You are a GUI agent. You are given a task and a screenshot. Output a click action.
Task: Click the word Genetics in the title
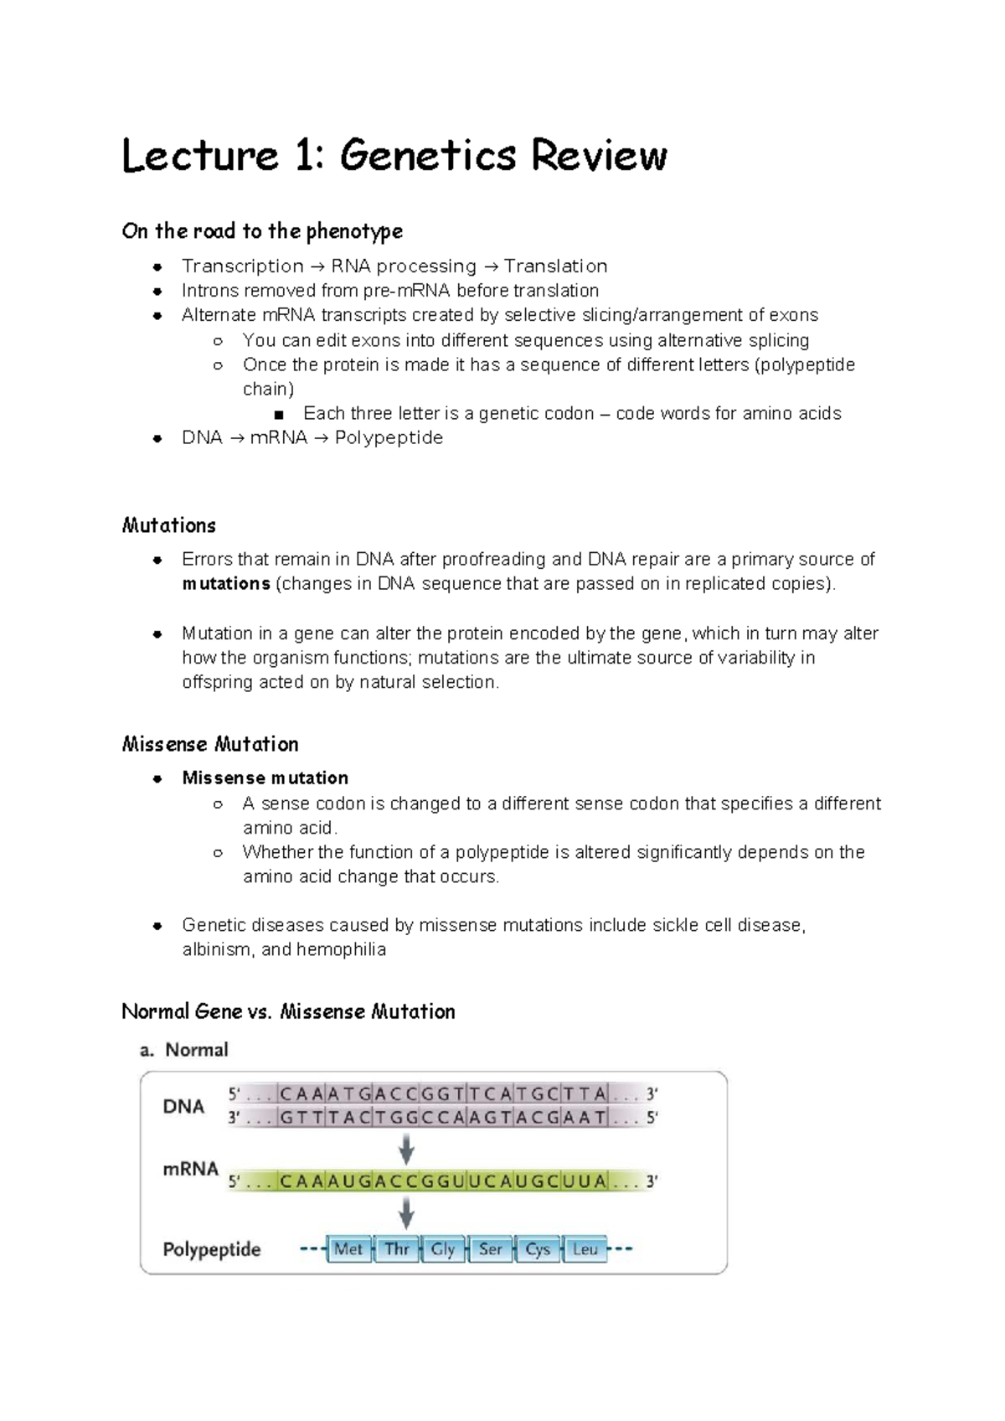[428, 156]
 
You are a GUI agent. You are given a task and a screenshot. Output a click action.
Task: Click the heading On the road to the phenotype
[262, 231]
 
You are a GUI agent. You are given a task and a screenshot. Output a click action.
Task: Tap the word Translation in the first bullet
[555, 266]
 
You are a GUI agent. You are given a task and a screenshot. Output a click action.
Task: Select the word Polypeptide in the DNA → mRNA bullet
[389, 438]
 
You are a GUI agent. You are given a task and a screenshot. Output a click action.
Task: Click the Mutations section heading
[169, 526]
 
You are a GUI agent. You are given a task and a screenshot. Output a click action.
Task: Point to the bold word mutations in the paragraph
[226, 584]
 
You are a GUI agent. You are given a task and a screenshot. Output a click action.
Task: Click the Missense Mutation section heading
[210, 745]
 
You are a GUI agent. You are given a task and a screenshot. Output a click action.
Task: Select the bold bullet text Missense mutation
[265, 778]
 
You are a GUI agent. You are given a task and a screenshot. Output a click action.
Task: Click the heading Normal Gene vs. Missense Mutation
[288, 1012]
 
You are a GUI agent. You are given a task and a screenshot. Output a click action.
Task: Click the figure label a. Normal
[184, 1051]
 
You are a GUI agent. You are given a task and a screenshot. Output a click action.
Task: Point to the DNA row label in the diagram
[183, 1107]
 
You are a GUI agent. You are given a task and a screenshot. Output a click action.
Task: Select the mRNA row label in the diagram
[190, 1170]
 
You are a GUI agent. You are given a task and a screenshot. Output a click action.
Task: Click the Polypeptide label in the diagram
[212, 1250]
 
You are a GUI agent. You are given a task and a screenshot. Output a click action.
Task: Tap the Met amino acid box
[348, 1250]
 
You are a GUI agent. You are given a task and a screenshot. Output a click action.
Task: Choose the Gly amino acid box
[443, 1250]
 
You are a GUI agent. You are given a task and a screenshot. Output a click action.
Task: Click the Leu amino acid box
[585, 1250]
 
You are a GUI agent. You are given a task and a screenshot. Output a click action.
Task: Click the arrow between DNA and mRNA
[406, 1149]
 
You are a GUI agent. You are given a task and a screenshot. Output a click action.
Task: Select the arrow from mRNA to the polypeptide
[406, 1212]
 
